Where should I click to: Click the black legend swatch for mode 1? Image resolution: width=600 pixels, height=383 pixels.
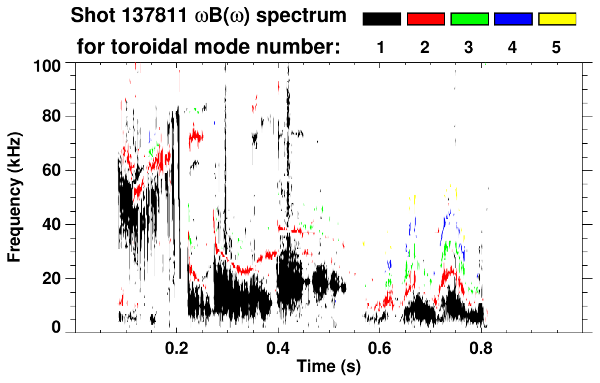tap(382, 19)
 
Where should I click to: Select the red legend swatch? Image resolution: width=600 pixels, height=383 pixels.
tap(426, 19)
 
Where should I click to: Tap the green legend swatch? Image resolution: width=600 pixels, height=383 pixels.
tap(469, 19)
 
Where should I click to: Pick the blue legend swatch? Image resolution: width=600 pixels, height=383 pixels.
tap(513, 19)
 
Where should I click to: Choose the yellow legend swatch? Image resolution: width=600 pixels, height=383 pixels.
tap(557, 19)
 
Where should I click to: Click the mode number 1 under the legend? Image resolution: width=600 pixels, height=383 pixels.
tap(381, 47)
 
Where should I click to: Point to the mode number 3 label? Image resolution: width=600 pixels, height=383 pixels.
tap(469, 47)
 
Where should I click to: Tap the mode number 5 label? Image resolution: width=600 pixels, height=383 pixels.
tap(556, 47)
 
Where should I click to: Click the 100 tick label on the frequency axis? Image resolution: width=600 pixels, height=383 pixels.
tap(48, 65)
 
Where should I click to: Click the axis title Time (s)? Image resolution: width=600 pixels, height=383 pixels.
tap(328, 367)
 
